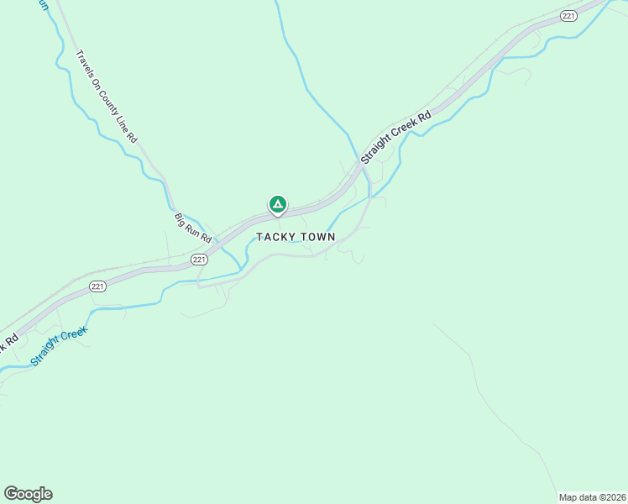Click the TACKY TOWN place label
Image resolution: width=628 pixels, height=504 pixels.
(x=296, y=237)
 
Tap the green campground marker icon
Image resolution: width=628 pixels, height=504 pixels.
(x=277, y=204)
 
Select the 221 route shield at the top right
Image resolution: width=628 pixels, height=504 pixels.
(x=568, y=16)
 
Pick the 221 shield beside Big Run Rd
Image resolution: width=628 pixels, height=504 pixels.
(x=199, y=260)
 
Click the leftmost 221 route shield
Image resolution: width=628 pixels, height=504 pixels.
(x=97, y=286)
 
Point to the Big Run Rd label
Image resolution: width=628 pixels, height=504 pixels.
(x=192, y=228)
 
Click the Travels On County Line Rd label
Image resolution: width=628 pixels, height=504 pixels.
(x=106, y=95)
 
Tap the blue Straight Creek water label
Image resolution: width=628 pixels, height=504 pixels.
(x=59, y=346)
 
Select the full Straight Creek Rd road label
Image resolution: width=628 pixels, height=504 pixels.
(x=395, y=137)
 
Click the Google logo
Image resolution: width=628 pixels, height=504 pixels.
(x=28, y=494)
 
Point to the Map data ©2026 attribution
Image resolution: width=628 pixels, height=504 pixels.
(x=593, y=496)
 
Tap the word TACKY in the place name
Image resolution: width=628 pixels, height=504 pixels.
(x=276, y=237)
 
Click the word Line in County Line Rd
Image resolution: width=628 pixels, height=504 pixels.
(x=123, y=123)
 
